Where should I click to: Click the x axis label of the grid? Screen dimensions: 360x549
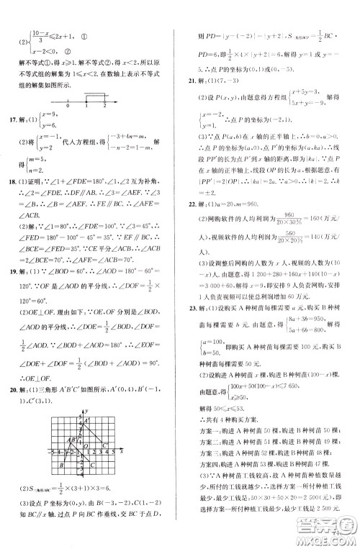[x=122, y=451]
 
